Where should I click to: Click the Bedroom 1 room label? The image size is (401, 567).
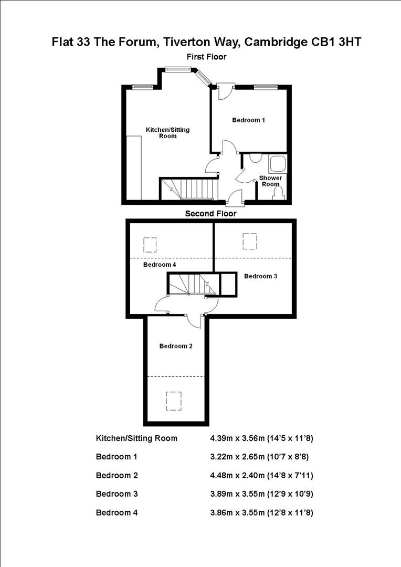tap(248, 120)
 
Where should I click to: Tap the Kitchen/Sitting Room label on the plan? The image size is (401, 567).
tap(167, 133)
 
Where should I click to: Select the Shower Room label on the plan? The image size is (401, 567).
tap(270, 181)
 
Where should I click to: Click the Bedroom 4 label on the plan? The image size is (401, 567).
tap(160, 265)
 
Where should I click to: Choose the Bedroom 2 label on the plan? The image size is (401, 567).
tap(176, 346)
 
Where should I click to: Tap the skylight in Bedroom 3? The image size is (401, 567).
tap(250, 241)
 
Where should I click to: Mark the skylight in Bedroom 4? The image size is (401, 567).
tap(150, 245)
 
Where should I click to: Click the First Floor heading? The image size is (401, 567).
tap(207, 57)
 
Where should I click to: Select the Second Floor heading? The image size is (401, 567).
tap(210, 214)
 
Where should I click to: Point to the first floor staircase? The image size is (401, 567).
tap(189, 189)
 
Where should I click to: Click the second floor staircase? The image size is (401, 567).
tap(192, 284)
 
